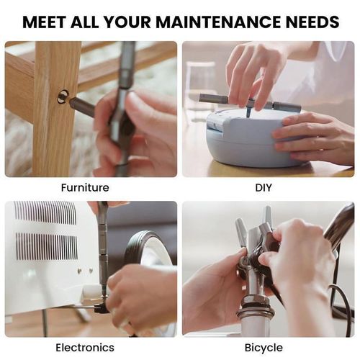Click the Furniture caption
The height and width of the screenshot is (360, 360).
(85, 188)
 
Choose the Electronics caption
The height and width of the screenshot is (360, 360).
(85, 348)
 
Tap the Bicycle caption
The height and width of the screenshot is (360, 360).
(264, 348)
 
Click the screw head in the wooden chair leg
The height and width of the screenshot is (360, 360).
(63, 95)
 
